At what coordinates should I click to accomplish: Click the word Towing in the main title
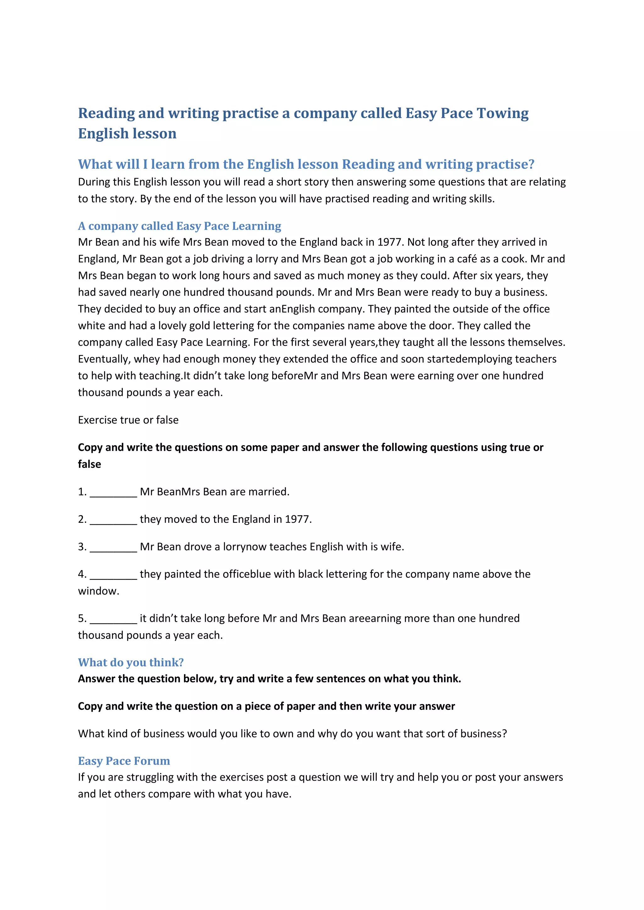502,113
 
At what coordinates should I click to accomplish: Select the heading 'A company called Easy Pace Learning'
179,226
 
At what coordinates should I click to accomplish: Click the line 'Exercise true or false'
128,420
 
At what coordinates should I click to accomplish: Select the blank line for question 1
114,493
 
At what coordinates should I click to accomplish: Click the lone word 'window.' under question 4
98,591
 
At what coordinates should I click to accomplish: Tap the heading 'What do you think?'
131,662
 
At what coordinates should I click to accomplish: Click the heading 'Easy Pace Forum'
124,761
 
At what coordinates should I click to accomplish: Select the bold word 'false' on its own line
89,464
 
